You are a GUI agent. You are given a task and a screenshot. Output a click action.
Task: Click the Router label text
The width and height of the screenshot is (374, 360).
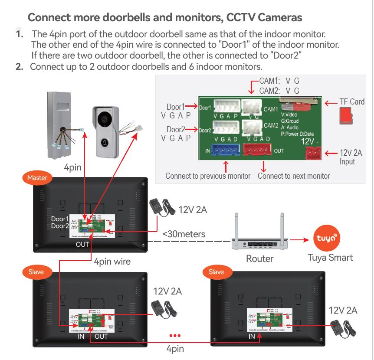(x=260, y=259)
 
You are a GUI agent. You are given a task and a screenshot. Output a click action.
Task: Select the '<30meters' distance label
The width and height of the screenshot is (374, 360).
(x=184, y=235)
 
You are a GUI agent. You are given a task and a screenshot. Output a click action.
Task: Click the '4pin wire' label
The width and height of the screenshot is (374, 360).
(x=112, y=262)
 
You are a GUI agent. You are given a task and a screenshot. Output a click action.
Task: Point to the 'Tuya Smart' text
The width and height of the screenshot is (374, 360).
(x=330, y=258)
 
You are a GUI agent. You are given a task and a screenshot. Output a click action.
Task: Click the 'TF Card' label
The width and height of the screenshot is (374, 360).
(x=352, y=102)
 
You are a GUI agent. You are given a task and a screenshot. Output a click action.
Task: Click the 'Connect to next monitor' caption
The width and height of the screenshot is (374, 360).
(x=294, y=176)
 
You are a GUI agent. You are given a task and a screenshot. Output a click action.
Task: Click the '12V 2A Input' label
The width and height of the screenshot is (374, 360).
(x=351, y=157)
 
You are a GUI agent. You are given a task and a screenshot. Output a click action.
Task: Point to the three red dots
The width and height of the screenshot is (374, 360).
(x=174, y=336)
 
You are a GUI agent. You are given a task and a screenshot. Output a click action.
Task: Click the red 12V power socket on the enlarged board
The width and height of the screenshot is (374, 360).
(x=312, y=153)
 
